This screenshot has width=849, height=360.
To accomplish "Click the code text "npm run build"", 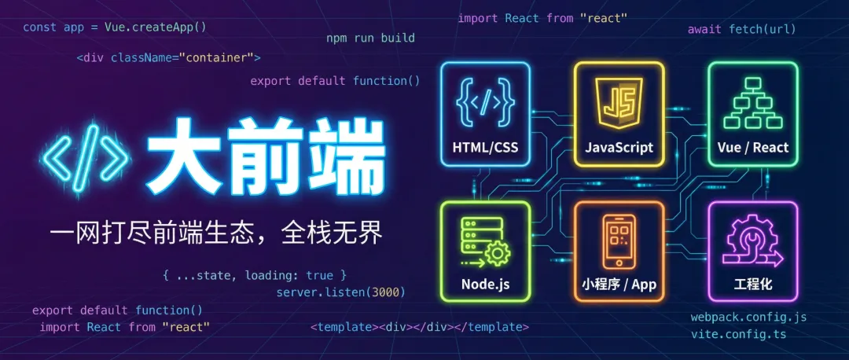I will [x=370, y=38].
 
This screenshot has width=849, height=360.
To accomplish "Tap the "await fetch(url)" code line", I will [x=741, y=29].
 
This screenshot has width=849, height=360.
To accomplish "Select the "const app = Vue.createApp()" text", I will [x=114, y=26].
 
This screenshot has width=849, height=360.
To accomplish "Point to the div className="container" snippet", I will [x=168, y=57].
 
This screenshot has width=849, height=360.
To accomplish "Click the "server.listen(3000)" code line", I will [x=340, y=292].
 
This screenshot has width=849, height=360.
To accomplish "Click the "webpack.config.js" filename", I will [x=748, y=318].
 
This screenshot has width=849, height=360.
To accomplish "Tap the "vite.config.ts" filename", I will [x=738, y=334].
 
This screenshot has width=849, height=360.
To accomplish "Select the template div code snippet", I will [x=420, y=327].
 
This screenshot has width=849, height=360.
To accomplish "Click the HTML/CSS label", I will [x=485, y=147].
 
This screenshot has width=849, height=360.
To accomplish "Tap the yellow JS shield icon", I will [x=619, y=104].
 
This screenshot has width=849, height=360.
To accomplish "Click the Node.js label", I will [x=485, y=284].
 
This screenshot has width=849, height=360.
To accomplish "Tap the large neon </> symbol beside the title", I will [x=84, y=160].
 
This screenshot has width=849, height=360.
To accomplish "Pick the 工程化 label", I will [x=752, y=284].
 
